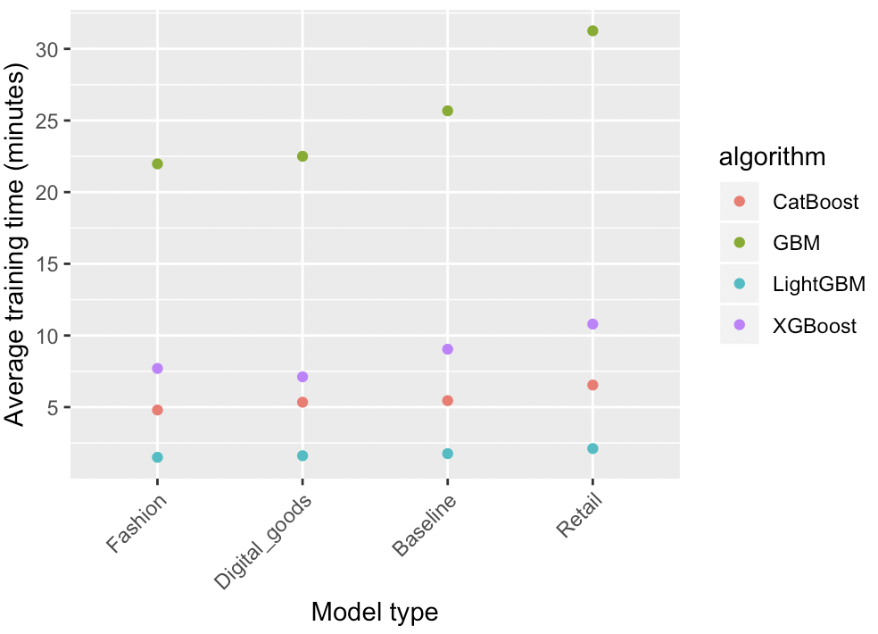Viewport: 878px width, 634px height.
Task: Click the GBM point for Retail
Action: coord(592,31)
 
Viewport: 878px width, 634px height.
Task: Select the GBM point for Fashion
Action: coord(158,164)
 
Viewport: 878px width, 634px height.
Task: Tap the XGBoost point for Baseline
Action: coord(448,349)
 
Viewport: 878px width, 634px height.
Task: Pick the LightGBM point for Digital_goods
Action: coord(302,455)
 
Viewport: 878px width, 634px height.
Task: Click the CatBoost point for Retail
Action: coord(592,385)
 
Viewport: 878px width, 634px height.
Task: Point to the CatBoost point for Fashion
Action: coord(158,410)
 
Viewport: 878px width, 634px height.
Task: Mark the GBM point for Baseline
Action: coord(448,111)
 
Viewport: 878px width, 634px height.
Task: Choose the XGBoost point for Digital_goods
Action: coord(302,377)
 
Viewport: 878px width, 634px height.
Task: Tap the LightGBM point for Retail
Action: coord(592,448)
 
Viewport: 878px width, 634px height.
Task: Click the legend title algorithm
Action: coord(772,157)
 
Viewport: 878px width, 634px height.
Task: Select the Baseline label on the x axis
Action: coord(426,526)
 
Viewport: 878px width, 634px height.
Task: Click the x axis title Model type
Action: coord(375,612)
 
